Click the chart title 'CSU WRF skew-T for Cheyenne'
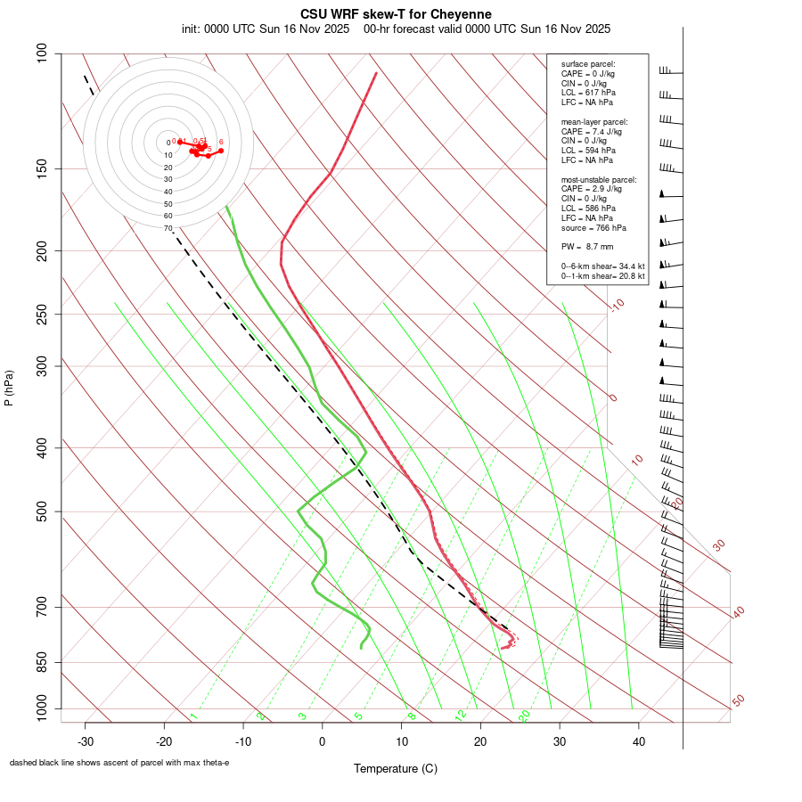(x=396, y=14)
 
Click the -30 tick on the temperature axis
(x=86, y=741)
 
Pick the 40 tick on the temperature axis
(x=638, y=741)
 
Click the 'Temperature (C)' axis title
(x=396, y=768)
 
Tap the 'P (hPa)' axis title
(x=10, y=388)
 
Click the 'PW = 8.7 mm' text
(x=587, y=246)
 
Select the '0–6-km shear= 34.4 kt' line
(x=602, y=266)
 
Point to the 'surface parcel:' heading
(x=588, y=64)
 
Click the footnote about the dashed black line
(x=119, y=763)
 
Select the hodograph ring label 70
(x=168, y=228)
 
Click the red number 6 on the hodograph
(x=221, y=142)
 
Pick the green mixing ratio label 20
(x=524, y=715)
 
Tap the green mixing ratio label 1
(x=193, y=716)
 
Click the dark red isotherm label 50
(x=738, y=701)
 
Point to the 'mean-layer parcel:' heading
(x=594, y=121)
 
